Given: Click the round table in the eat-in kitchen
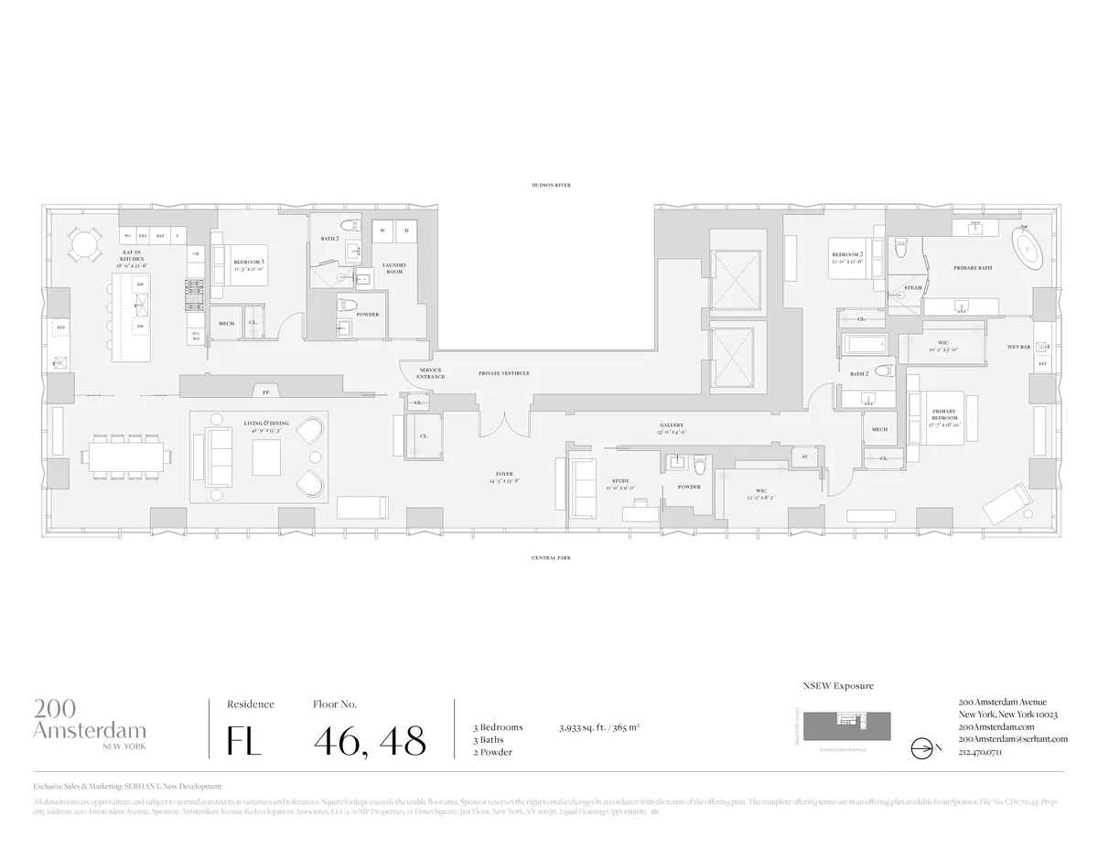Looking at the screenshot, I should coord(84,245).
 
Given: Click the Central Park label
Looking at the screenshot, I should coord(551,557).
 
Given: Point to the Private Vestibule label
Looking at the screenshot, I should coord(503,373).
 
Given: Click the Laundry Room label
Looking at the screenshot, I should coord(393,268).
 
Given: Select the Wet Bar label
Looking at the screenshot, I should coord(1019,347).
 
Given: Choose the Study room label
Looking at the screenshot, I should coord(620,484).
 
